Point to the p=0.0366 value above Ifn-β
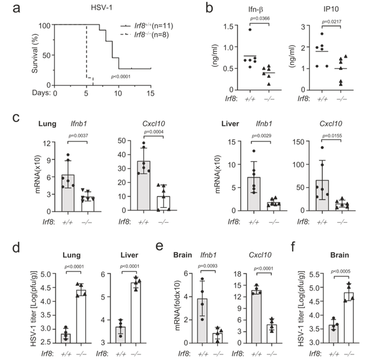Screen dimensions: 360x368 (x=253, y=36)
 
